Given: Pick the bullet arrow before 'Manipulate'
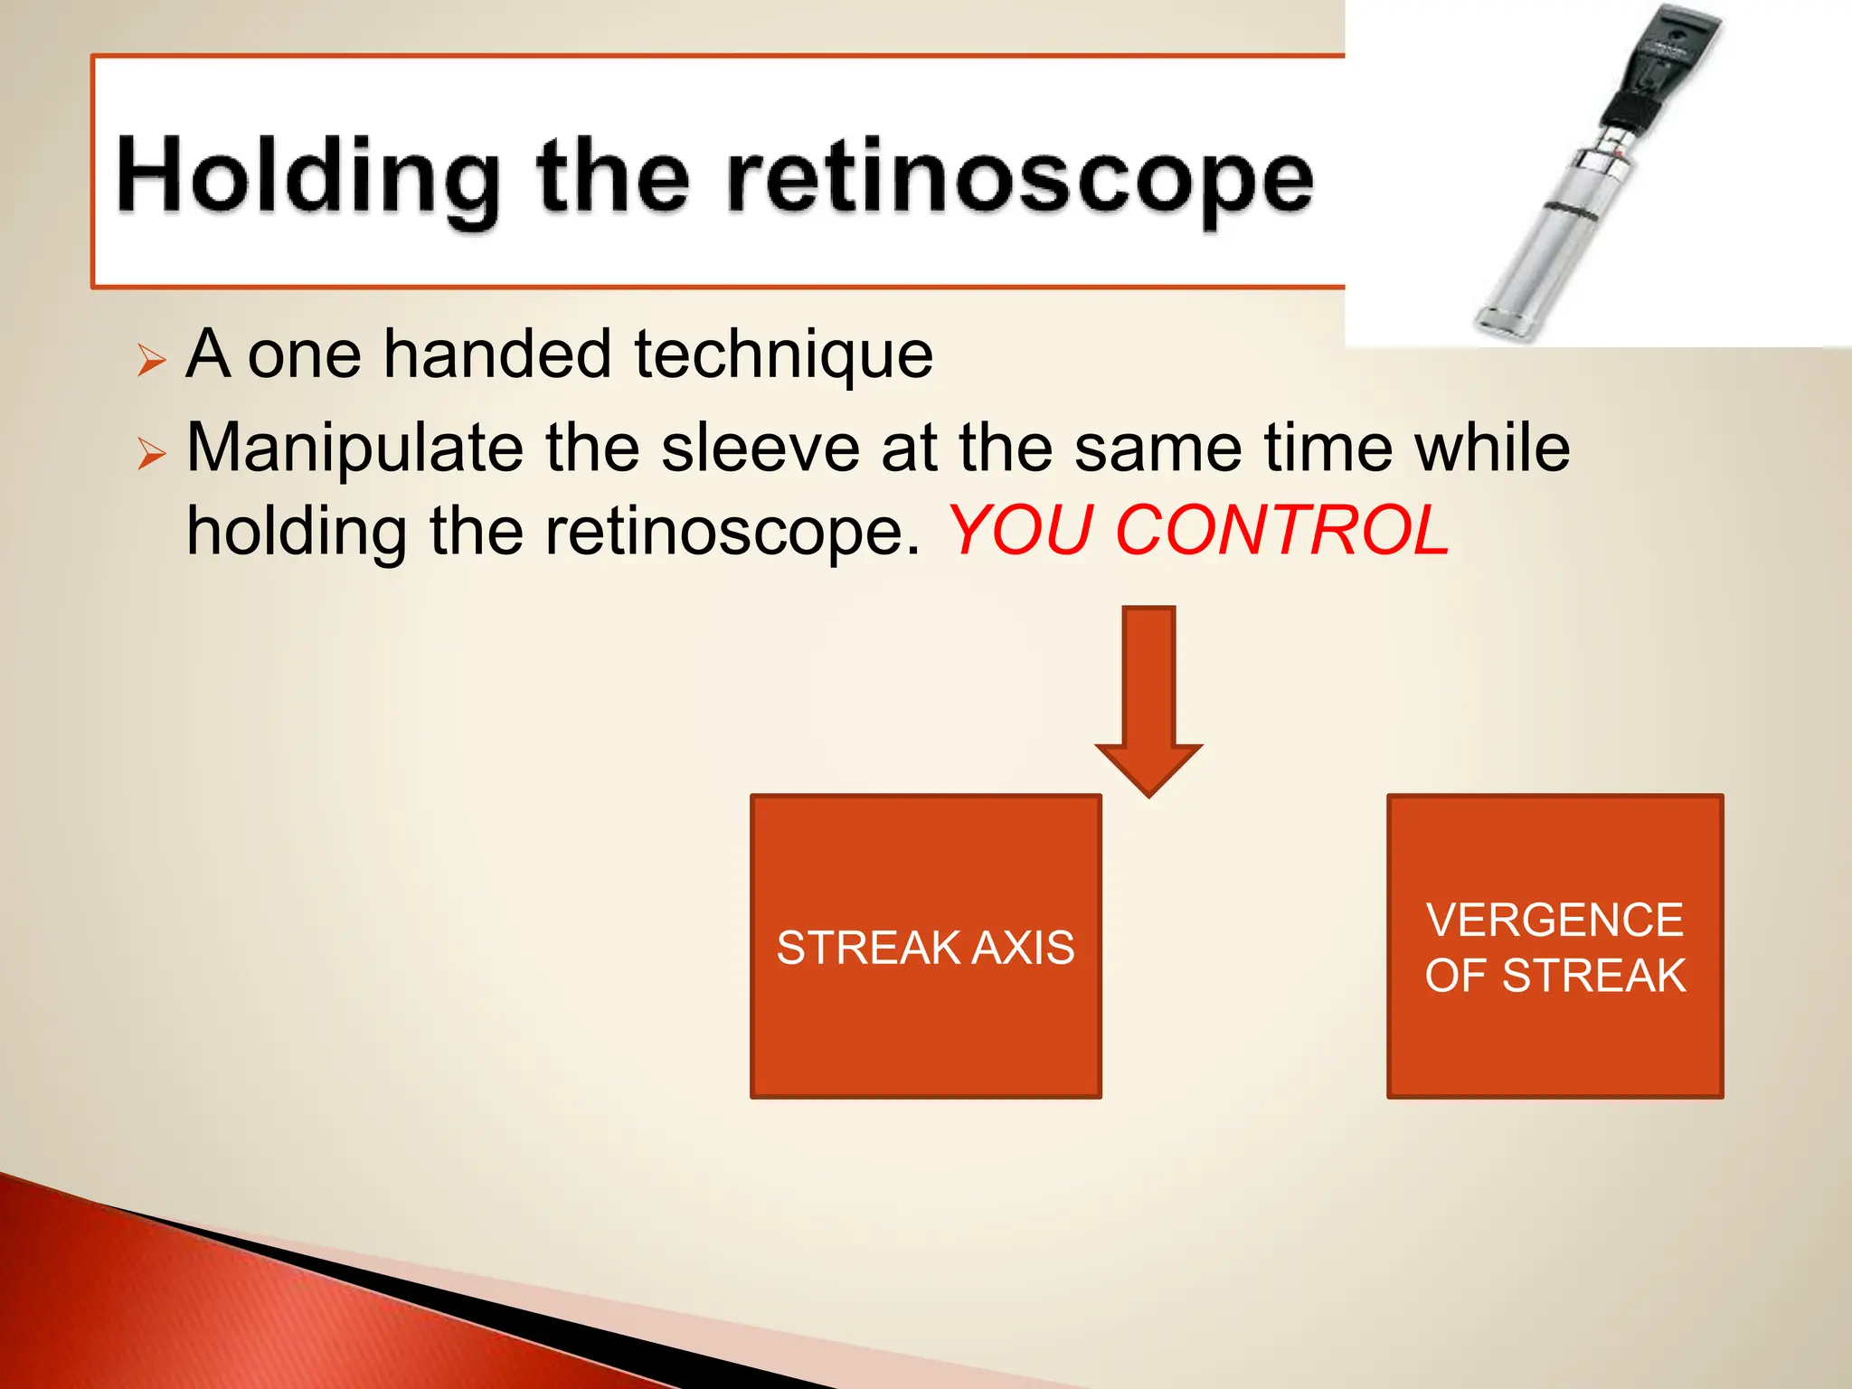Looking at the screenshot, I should [152, 453].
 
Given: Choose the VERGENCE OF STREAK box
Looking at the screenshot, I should [1554, 1040].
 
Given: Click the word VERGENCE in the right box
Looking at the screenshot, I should [1554, 921].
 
